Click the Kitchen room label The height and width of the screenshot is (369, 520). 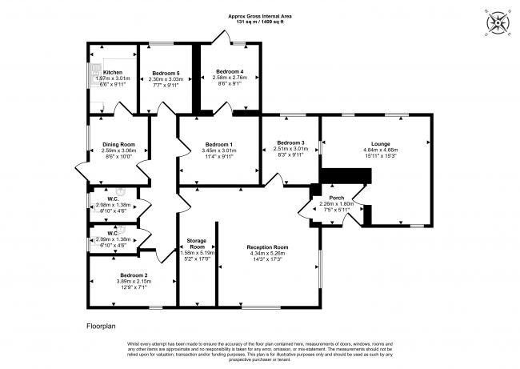(x=111, y=71)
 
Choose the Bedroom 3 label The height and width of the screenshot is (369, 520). (x=290, y=142)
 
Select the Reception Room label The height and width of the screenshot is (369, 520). (x=268, y=247)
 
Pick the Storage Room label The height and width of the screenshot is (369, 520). (x=197, y=243)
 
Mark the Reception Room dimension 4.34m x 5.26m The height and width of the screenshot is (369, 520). (x=268, y=254)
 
